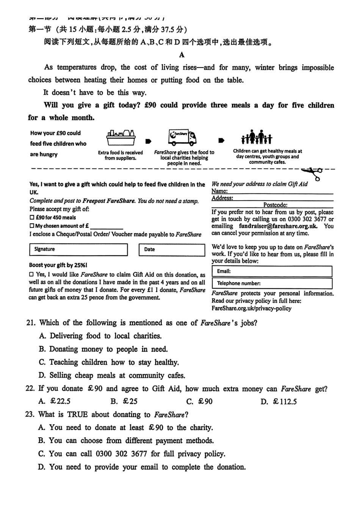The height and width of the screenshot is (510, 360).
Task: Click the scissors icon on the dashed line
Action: [x=315, y=173]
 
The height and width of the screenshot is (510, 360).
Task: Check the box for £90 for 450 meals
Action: [x=32, y=218]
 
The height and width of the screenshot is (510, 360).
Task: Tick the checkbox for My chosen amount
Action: [x=32, y=226]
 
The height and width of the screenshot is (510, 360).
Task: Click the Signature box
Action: [x=78, y=250]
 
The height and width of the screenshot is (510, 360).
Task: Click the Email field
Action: [x=272, y=271]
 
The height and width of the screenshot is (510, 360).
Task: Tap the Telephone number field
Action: [x=272, y=283]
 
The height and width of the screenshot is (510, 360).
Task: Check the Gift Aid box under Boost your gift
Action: [x=31, y=274]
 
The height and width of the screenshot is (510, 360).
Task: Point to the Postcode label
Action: [x=275, y=205]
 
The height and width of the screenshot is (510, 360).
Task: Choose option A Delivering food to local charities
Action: [x=101, y=336]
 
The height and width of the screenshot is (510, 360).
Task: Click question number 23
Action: [x=30, y=414]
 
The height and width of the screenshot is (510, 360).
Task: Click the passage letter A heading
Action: [x=182, y=55]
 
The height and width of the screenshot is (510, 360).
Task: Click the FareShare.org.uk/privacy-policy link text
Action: [x=252, y=308]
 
